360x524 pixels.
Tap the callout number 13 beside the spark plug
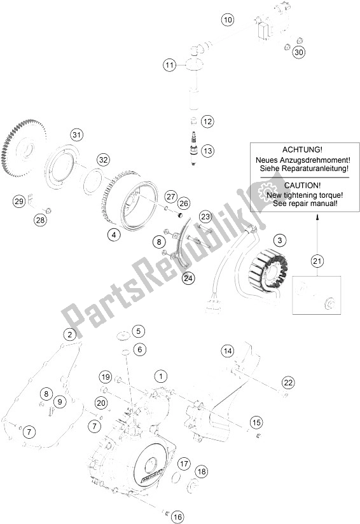coord(208,151)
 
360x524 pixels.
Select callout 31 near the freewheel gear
coord(77,135)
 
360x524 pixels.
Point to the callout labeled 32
coord(104,160)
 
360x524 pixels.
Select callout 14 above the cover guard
coord(228,350)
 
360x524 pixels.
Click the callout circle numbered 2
coord(69,334)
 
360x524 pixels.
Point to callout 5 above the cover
coord(139,331)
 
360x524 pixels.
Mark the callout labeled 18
coord(201,471)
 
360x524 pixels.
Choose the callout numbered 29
coord(19,202)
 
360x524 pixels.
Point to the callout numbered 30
coord(299,52)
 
